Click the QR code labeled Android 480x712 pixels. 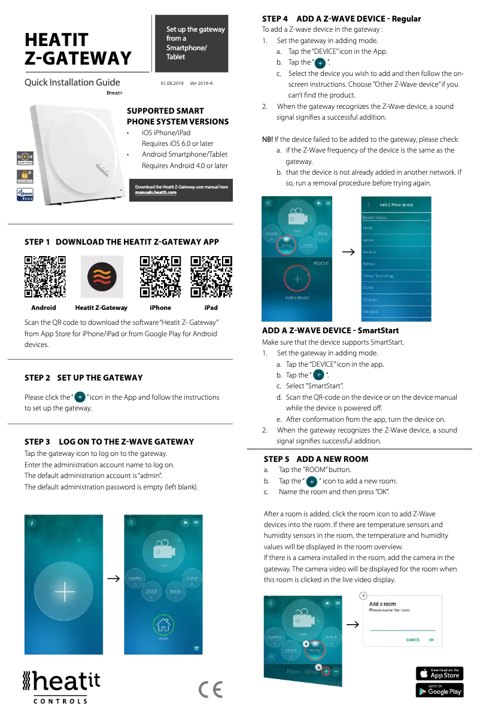pos(45,276)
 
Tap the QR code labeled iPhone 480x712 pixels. pos(160,276)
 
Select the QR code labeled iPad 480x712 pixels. pos(211,276)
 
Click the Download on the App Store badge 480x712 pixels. pos(439,673)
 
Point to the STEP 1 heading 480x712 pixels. pos(121,242)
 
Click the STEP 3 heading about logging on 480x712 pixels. pos(109,442)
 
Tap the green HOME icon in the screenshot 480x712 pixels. pos(163,625)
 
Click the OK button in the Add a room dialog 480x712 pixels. pos(431,640)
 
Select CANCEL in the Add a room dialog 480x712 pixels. pos(413,640)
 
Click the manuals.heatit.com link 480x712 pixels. pos(156,193)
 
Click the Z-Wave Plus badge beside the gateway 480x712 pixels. pos(24,194)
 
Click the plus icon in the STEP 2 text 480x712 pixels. pos(80,397)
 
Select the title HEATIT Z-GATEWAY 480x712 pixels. pos(78,49)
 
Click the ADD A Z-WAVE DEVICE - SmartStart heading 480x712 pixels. pos(330,330)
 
